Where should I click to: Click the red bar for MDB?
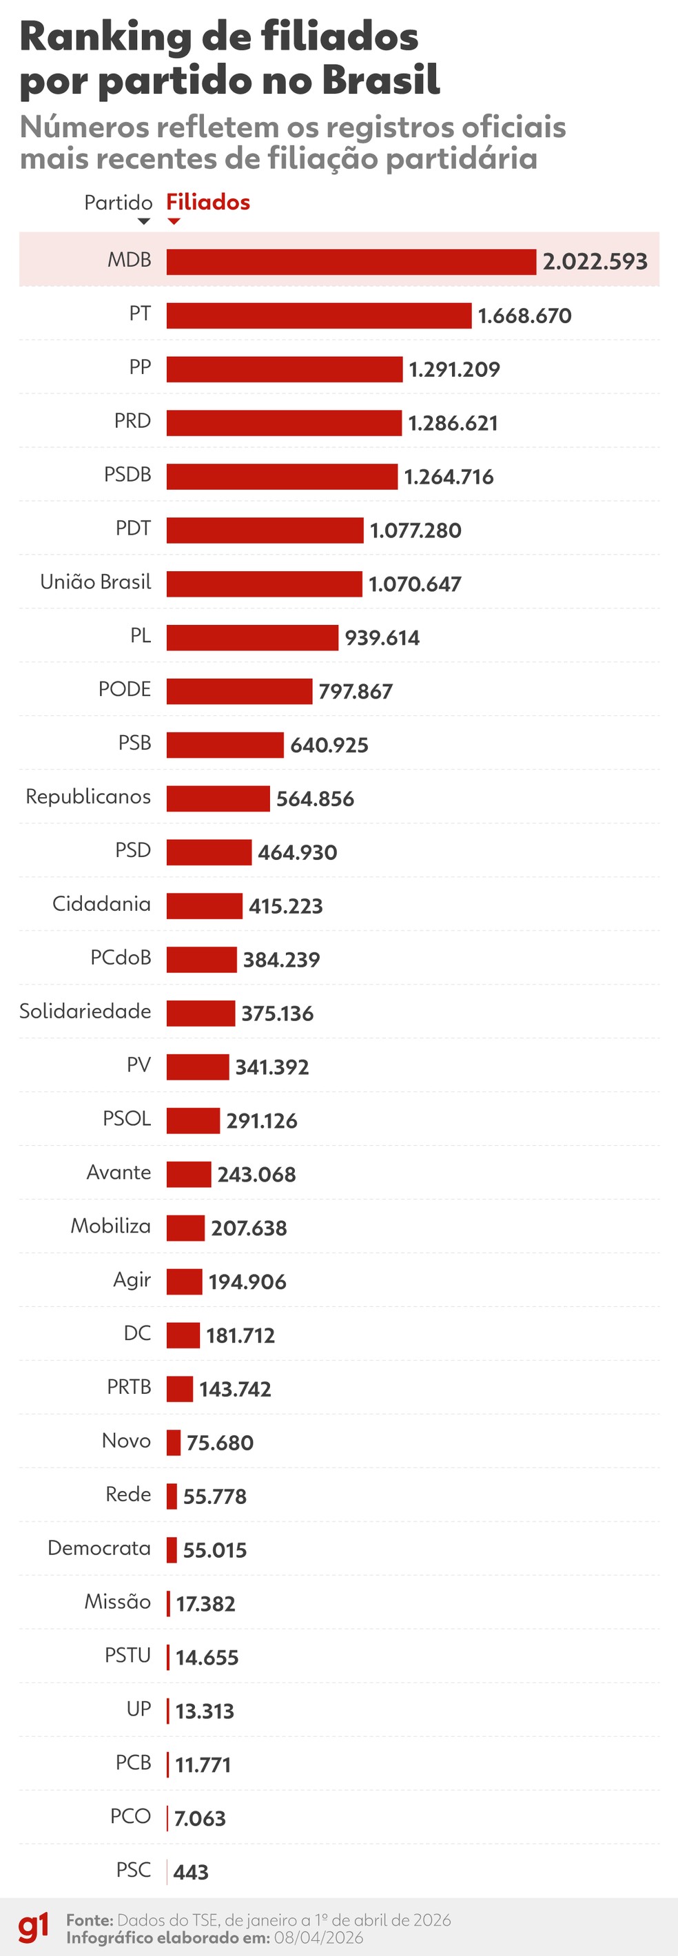(351, 262)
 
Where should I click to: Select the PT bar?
(319, 316)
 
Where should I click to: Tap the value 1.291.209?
(454, 370)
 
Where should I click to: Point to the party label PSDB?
(127, 475)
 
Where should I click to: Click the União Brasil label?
(96, 581)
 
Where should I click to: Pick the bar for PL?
(252, 638)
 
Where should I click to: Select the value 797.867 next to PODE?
(356, 692)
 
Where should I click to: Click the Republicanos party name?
(88, 796)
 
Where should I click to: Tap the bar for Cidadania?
(204, 906)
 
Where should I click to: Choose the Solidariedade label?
(85, 1011)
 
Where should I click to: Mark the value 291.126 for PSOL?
(261, 1121)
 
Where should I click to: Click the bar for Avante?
(188, 1175)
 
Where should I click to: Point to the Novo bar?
(174, 1443)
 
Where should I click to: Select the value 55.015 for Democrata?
(215, 1550)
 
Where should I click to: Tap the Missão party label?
(118, 1602)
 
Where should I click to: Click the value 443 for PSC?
(191, 1873)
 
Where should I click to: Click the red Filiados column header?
(208, 203)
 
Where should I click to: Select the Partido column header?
(119, 203)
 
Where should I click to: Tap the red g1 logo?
(32, 1928)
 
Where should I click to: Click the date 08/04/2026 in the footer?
(318, 1938)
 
